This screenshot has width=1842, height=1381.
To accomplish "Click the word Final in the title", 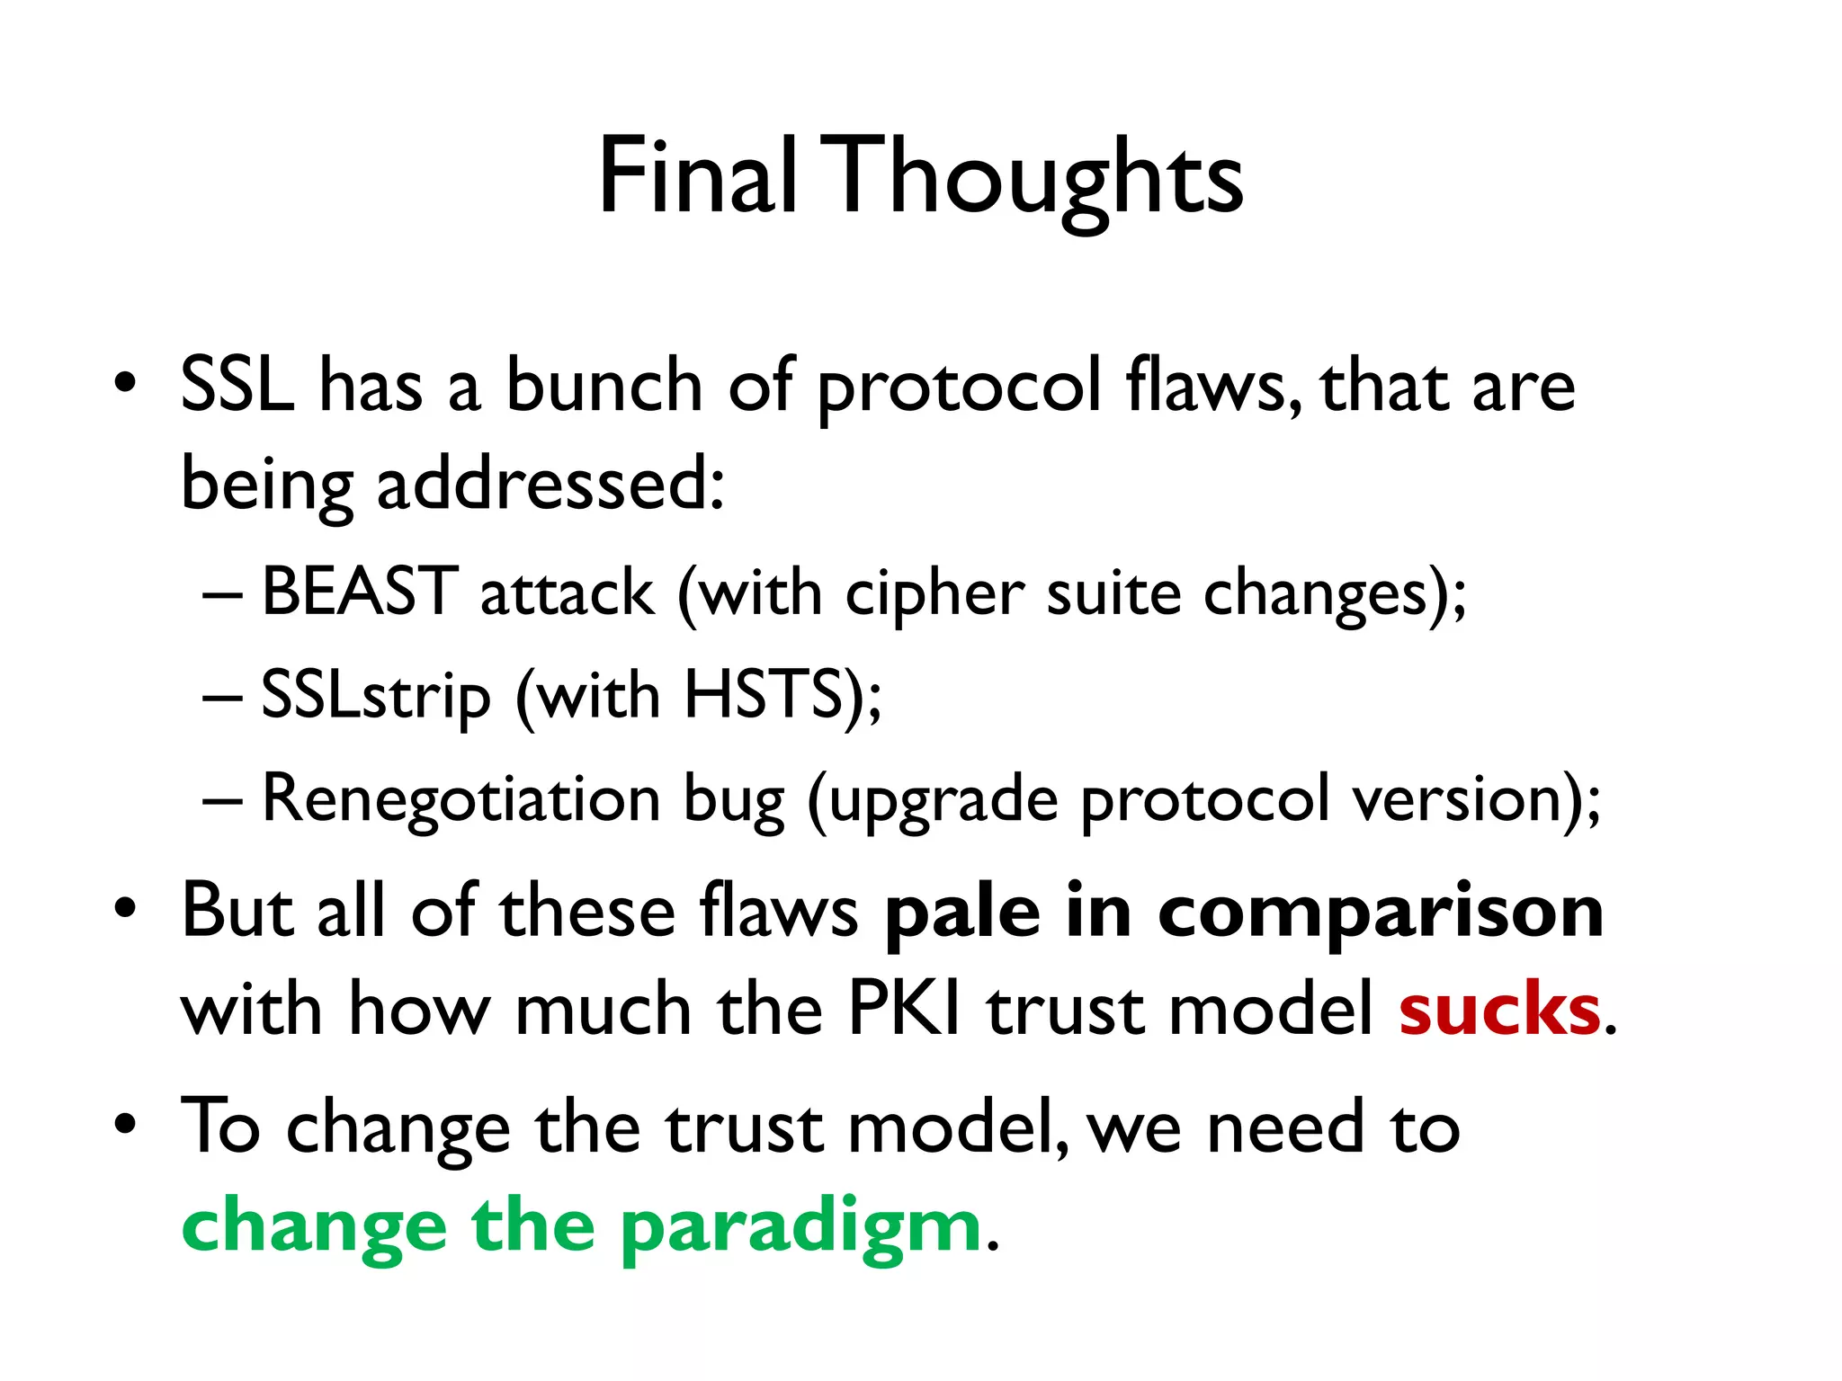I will point(698,176).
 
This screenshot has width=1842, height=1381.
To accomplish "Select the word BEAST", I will point(360,593).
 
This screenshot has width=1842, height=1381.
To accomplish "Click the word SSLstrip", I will point(376,697).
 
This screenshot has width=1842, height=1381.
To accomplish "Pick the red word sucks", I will point(1499,1010).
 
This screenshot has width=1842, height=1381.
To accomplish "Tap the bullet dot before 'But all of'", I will point(125,907).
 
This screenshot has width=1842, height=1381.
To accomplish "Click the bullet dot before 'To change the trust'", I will point(125,1123).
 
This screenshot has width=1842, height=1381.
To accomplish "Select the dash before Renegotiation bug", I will point(222,799).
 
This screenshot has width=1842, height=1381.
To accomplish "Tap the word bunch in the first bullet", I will point(604,385).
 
